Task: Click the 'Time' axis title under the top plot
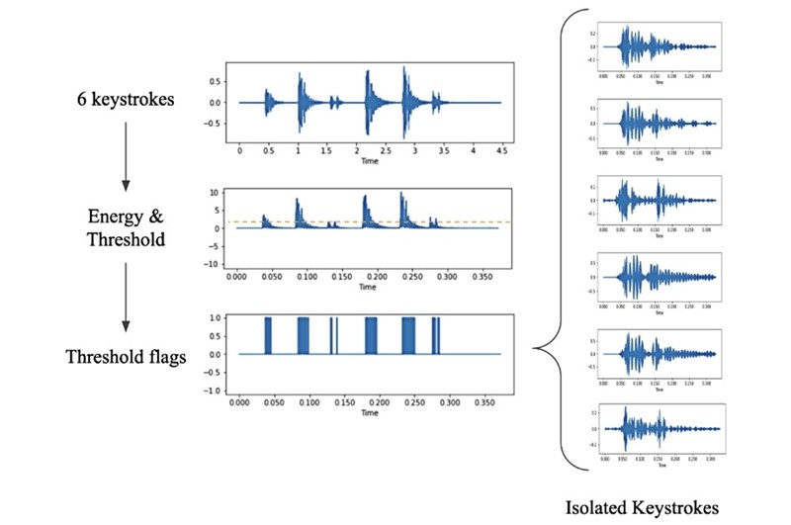click(x=368, y=161)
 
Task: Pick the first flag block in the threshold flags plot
click(x=267, y=336)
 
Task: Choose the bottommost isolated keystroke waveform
click(x=659, y=429)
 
